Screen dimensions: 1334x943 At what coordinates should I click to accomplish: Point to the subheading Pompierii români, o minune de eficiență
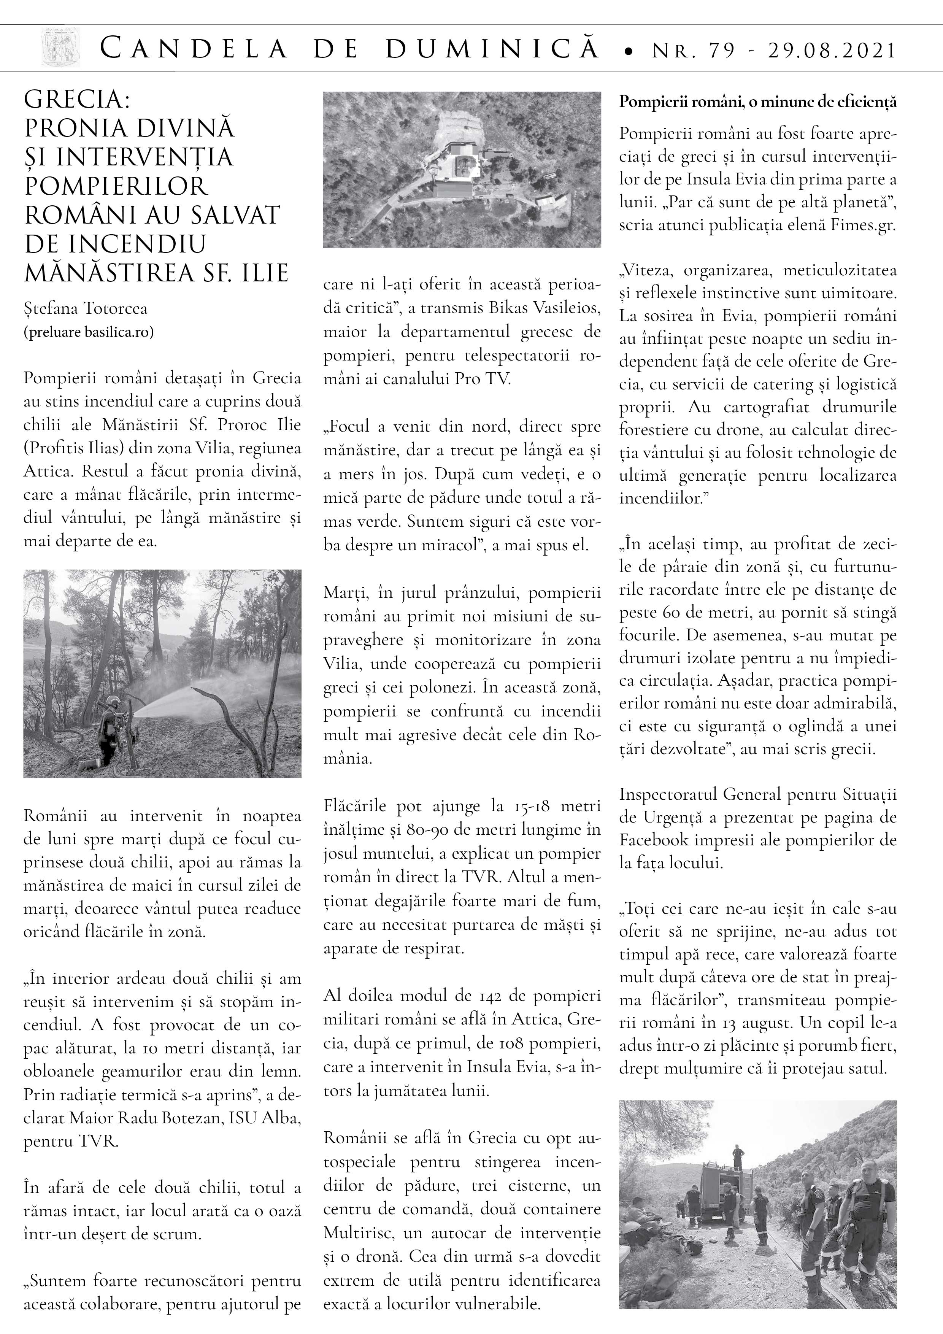[758, 102]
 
